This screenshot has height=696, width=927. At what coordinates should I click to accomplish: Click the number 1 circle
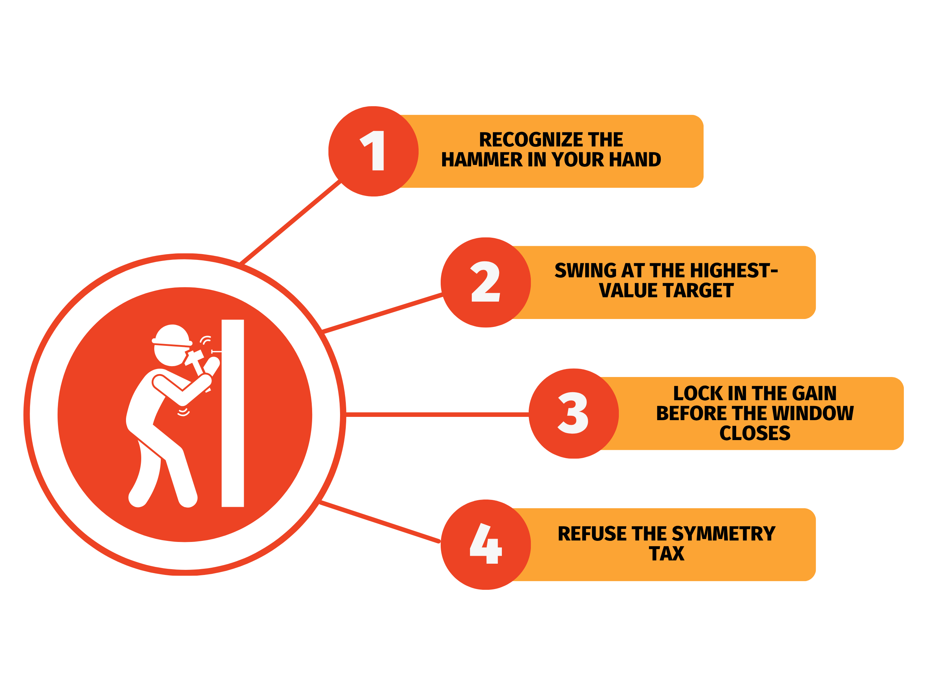373,151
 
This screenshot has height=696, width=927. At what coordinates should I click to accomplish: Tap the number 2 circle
486,282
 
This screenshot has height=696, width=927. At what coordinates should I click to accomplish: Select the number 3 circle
574,414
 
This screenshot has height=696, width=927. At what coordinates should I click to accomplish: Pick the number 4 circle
486,545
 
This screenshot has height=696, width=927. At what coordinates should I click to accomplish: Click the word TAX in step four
667,554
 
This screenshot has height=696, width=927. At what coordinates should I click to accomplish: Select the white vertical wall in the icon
232,413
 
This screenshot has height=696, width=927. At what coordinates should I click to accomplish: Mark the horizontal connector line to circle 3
437,414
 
